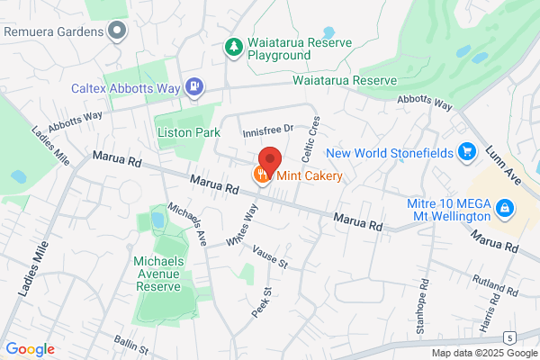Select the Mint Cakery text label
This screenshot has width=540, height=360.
tap(309, 176)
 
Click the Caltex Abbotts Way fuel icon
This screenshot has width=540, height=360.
tap(193, 87)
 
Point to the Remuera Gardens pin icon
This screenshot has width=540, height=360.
tap(115, 32)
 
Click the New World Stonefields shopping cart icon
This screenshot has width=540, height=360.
tap(466, 151)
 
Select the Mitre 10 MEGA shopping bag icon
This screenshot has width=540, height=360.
tap(505, 209)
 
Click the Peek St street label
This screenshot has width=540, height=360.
tap(261, 301)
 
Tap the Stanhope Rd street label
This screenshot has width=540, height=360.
tap(421, 302)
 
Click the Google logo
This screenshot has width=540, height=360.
tap(30, 349)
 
